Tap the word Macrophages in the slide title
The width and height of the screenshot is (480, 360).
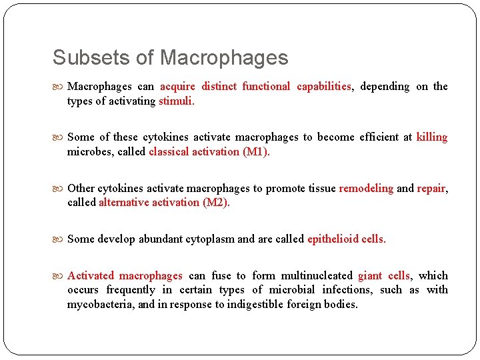pyautogui.click(x=224, y=57)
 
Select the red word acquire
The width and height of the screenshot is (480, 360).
pyautogui.click(x=177, y=86)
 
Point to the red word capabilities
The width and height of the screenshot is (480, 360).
pyautogui.click(x=324, y=86)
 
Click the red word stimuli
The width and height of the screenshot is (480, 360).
pyautogui.click(x=177, y=101)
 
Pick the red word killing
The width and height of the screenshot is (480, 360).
pyautogui.click(x=432, y=137)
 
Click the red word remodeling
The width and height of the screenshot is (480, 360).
pyautogui.click(x=366, y=188)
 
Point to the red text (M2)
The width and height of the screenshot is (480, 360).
pyautogui.click(x=216, y=202)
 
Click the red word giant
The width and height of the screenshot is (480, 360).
pyautogui.click(x=370, y=275)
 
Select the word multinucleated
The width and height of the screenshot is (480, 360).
pyautogui.click(x=317, y=275)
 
